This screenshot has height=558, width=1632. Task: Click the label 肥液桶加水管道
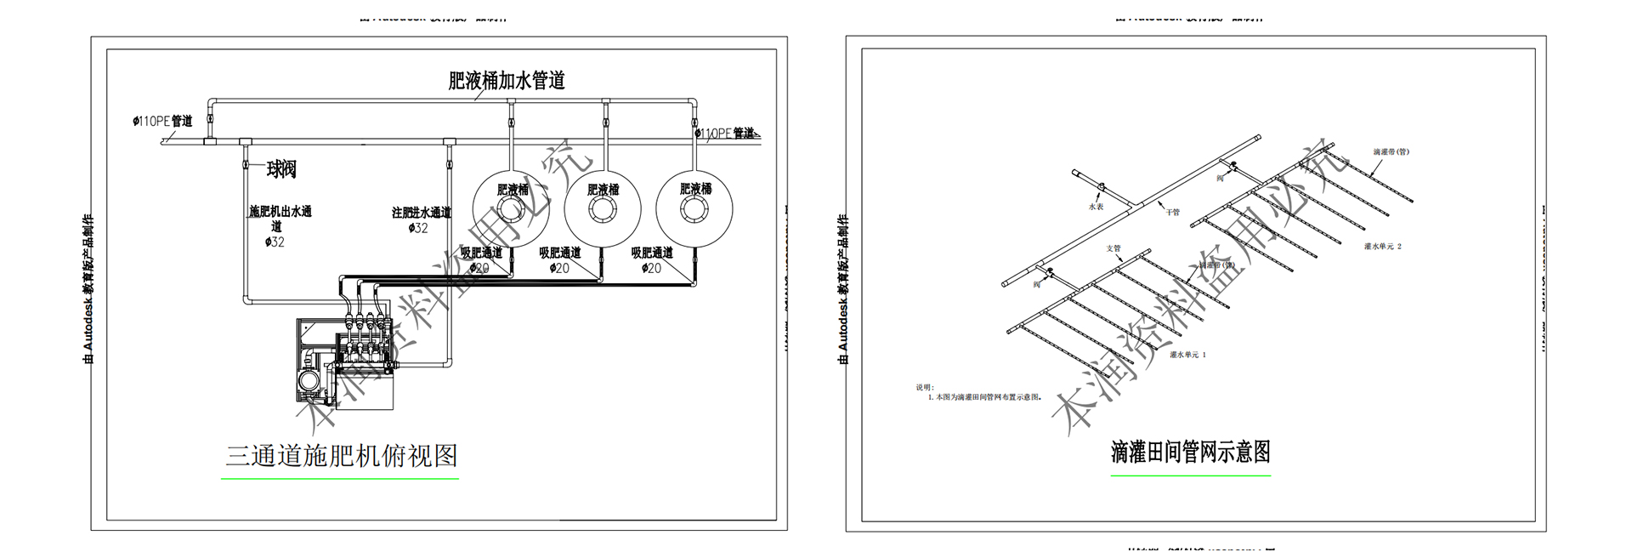[507, 81]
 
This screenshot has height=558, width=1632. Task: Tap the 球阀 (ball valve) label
[281, 169]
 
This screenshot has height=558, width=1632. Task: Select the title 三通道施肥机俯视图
[341, 456]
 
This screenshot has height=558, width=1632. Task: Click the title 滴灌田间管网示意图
[1190, 452]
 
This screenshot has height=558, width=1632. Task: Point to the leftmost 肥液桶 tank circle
[512, 210]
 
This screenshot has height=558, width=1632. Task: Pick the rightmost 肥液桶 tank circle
[694, 210]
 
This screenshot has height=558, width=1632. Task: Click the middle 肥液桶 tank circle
[603, 210]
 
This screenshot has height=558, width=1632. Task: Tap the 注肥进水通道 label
[421, 213]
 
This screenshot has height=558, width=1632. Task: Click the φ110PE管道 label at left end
[162, 122]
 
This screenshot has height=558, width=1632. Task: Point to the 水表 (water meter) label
[1096, 207]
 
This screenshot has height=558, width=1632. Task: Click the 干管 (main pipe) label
[1173, 212]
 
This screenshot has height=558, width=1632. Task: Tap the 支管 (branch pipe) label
[1113, 248]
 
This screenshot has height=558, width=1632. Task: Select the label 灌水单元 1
[1187, 355]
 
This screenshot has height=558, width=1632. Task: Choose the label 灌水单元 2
[1382, 247]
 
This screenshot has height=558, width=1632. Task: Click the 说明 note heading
[925, 387]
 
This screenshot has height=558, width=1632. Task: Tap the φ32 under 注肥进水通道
[417, 228]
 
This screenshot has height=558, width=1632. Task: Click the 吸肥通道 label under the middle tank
[560, 253]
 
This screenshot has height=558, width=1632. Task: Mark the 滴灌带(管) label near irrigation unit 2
[1391, 152]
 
